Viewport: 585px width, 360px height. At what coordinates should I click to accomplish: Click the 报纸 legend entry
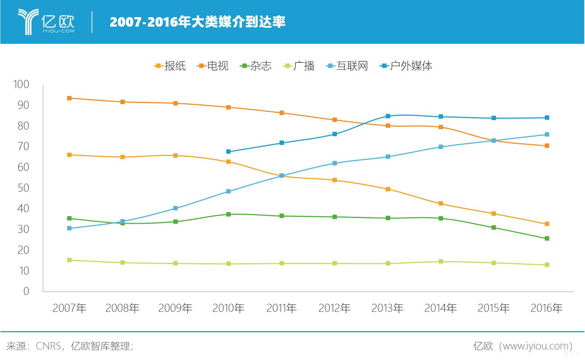click(170, 66)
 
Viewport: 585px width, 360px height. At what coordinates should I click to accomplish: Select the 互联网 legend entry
click(347, 66)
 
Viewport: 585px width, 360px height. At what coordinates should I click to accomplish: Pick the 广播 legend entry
click(299, 66)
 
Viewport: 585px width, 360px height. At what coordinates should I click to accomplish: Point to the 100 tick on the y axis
click(21, 84)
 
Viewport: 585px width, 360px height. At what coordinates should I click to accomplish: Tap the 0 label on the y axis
click(26, 291)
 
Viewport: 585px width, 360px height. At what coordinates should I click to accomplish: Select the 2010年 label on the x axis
click(228, 308)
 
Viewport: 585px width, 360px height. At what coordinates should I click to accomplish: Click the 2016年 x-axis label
click(547, 308)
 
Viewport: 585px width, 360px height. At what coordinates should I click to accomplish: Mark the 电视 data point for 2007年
click(69, 98)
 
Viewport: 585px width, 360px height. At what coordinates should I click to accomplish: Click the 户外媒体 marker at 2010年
click(228, 152)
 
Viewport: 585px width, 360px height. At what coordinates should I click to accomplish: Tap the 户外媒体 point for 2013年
click(388, 116)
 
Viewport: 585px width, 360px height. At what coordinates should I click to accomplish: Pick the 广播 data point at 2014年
click(441, 261)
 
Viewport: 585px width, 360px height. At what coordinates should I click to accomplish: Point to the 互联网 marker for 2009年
click(176, 208)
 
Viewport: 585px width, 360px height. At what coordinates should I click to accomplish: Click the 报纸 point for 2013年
click(388, 189)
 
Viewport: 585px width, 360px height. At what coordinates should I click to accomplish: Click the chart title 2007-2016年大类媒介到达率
click(197, 22)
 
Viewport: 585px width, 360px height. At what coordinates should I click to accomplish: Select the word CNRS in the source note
click(48, 346)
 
